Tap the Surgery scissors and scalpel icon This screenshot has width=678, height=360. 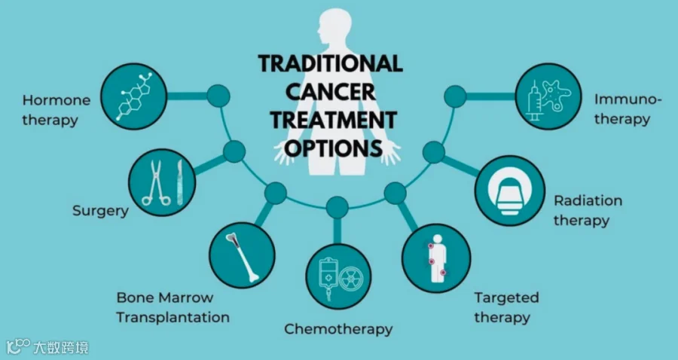click(162, 182)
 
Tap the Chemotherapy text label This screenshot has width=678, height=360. click(338, 329)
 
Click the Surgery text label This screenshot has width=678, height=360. click(100, 210)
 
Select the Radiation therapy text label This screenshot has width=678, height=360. click(588, 211)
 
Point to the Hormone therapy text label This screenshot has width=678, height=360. click(56, 110)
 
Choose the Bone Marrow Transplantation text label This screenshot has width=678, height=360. click(173, 307)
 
